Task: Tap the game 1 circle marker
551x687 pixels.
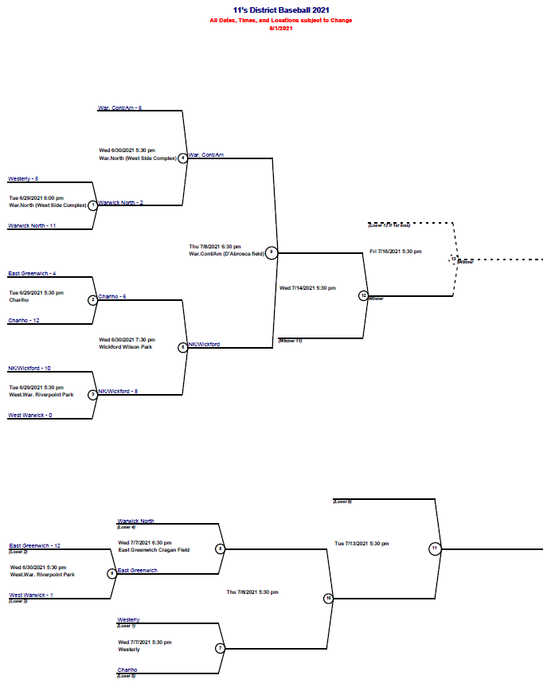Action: [x=93, y=205]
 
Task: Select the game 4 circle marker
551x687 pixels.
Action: [x=183, y=158]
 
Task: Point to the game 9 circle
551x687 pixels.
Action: [x=272, y=252]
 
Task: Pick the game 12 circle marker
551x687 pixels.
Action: [x=363, y=295]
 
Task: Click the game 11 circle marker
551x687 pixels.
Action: [x=435, y=548]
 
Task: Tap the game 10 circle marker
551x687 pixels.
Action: [x=328, y=599]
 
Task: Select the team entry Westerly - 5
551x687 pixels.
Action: [x=23, y=179]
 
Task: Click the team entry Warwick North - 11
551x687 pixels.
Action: [x=32, y=226]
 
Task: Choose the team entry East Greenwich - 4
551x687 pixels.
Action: [x=32, y=274]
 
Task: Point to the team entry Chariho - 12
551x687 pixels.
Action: [x=24, y=320]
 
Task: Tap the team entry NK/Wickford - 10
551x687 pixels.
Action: [x=29, y=369]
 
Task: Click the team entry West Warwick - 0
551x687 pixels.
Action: [x=31, y=415]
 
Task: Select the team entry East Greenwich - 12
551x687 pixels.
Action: [x=35, y=546]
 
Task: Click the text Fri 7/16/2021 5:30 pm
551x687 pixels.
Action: [x=396, y=252]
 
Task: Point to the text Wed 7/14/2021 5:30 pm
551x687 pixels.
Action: [x=307, y=287]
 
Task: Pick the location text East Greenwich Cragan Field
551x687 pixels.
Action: [x=154, y=550]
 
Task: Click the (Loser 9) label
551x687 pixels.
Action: [x=342, y=502]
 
